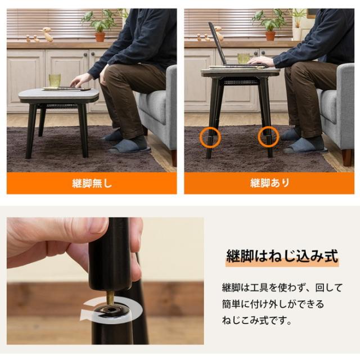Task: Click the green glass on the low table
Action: coord(55,80)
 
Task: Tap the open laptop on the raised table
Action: coord(219,48)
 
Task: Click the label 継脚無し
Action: coord(92,183)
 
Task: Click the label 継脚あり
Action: coord(269,183)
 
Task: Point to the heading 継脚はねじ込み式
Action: coord(282,256)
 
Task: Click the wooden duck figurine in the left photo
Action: coord(48,35)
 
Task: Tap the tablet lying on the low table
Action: coord(66,88)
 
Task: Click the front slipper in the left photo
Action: coord(129,147)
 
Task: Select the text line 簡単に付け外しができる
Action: coord(273,304)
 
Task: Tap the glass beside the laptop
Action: coord(243,58)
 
